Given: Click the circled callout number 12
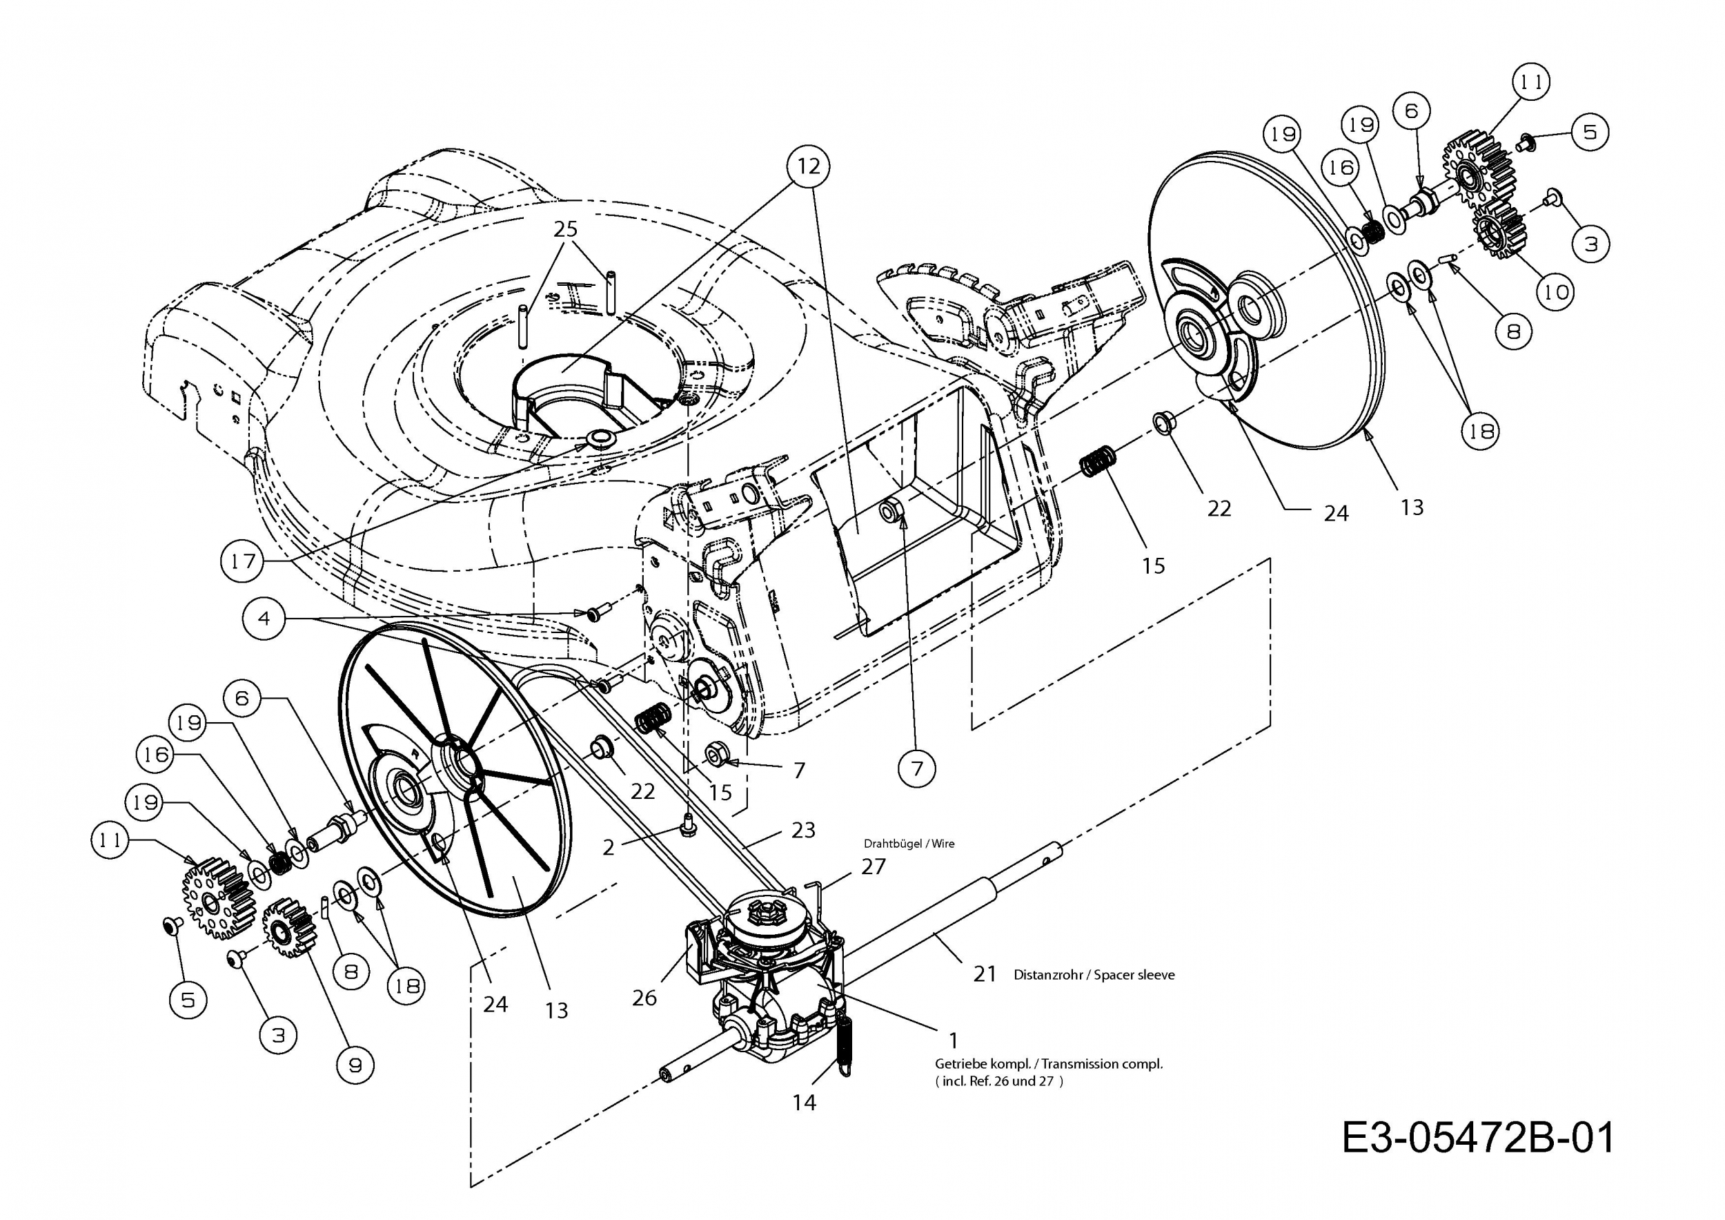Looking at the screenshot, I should pyautogui.click(x=809, y=166).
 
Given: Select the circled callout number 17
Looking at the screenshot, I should pyautogui.click(x=243, y=561).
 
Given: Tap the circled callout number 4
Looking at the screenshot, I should pyautogui.click(x=264, y=618).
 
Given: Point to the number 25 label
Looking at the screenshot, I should pyautogui.click(x=565, y=229).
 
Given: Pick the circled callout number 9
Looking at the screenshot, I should pyautogui.click(x=355, y=1065).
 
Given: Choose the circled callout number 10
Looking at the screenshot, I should pyautogui.click(x=1556, y=291).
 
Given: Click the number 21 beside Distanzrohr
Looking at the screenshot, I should pyautogui.click(x=984, y=974).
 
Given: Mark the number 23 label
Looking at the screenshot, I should pyautogui.click(x=803, y=830).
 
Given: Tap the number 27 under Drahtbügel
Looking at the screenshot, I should pyautogui.click(x=873, y=866).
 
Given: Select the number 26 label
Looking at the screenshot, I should pyautogui.click(x=644, y=998).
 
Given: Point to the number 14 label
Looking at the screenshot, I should pyautogui.click(x=804, y=1102).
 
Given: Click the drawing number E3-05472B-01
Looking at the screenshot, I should pyautogui.click(x=1478, y=1137).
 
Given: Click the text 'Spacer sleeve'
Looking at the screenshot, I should pyautogui.click(x=1134, y=975).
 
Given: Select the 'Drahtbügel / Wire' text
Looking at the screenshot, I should pyautogui.click(x=909, y=844).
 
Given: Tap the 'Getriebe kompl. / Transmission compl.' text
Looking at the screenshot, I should pyautogui.click(x=1048, y=1064).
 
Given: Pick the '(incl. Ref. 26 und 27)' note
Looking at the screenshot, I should pyautogui.click(x=999, y=1082).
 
